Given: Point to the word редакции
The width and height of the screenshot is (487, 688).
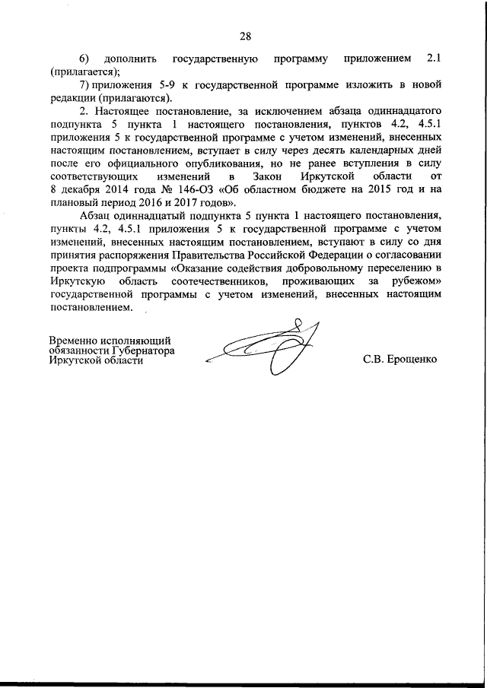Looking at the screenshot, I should coord(74,99).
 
